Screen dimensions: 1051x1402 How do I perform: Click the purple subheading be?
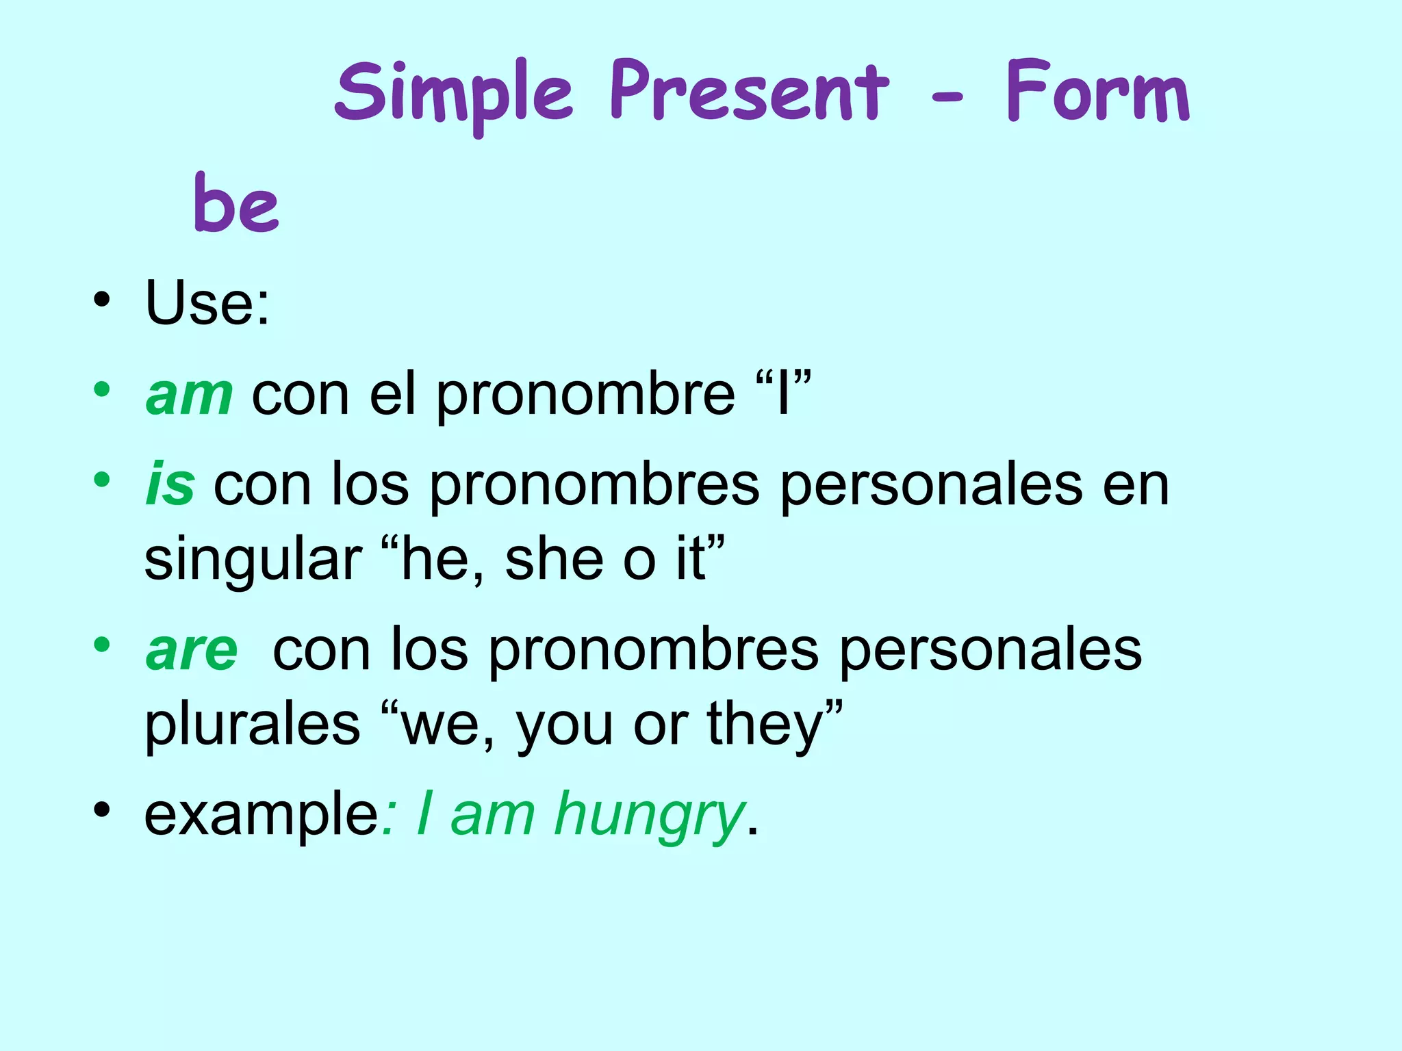point(236,203)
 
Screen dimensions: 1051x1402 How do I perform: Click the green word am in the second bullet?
point(189,395)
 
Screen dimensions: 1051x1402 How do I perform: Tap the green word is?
point(170,485)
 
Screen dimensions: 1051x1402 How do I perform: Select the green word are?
point(192,650)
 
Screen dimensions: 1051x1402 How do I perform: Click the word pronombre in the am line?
point(585,395)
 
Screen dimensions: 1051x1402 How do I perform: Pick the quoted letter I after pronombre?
point(784,394)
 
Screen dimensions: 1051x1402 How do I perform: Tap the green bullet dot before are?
point(102,645)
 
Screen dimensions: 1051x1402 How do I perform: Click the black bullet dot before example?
point(102,810)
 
